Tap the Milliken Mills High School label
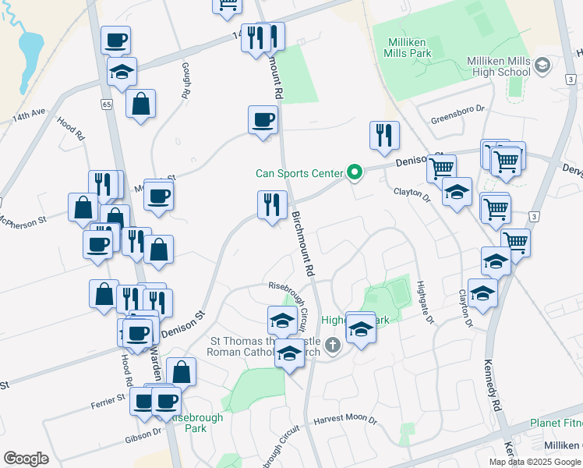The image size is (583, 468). tap(498, 66)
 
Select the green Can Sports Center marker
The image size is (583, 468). tap(355, 172)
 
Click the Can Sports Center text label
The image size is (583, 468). tap(299, 172)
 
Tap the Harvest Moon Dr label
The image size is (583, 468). tap(345, 420)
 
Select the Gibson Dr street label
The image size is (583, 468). tap(143, 440)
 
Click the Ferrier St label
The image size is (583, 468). tap(108, 399)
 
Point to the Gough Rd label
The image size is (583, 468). tap(185, 80)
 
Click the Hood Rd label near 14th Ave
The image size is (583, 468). tap(70, 127)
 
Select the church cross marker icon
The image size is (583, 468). tap(333, 345)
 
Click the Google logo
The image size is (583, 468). tap(26, 459)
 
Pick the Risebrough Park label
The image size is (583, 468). tap(193, 423)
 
